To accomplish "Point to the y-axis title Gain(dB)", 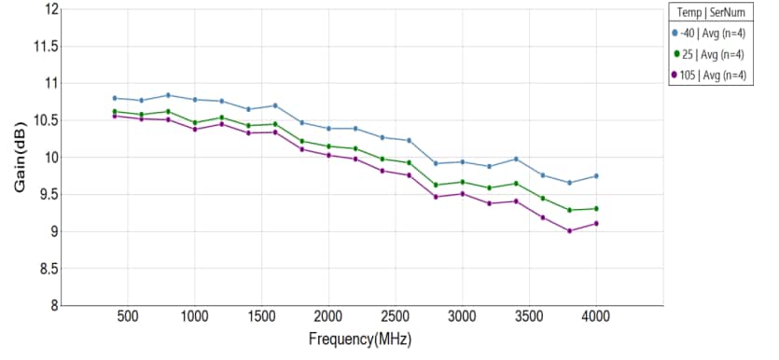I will coord(21,157).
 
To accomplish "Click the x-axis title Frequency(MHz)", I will coord(360,339).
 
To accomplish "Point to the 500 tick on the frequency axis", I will coord(128,316).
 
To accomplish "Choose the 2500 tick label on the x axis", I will coord(396,316).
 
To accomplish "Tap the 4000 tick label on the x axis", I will coord(596,316).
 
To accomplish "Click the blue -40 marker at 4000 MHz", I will coord(596,176).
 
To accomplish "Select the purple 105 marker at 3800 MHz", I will coord(569,230).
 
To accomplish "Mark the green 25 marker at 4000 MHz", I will coord(596,208).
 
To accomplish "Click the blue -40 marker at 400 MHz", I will coord(114,98).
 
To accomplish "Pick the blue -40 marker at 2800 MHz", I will coord(436,163).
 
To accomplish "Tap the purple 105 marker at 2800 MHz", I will coord(436,197).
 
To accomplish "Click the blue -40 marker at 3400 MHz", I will coord(516,159).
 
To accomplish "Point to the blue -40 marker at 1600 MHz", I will coord(275,105).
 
